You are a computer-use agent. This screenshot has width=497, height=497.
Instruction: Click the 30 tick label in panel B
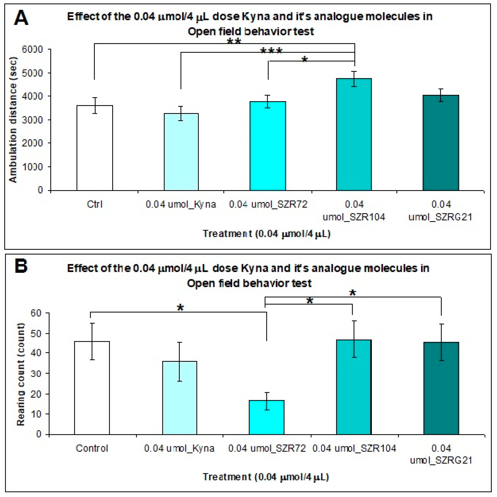click(x=36, y=374)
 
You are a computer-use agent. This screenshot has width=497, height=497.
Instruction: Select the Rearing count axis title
click(x=21, y=374)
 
